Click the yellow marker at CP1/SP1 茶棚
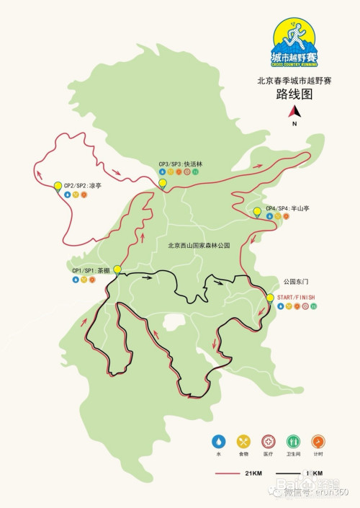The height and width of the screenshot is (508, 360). [117, 270]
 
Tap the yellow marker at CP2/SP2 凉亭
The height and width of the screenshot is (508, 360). [58, 187]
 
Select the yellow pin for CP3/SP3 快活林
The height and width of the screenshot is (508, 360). [163, 184]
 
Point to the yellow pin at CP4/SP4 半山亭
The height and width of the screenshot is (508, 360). [258, 211]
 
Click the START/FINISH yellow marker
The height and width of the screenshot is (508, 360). [270, 298]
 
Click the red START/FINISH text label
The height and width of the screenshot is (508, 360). [297, 297]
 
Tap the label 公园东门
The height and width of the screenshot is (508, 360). [295, 281]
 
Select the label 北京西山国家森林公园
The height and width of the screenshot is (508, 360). [198, 246]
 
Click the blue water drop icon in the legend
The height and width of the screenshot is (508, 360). [217, 441]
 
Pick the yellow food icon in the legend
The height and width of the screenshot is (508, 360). [243, 441]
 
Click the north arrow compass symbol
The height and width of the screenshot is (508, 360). [294, 112]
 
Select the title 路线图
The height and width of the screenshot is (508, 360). [294, 95]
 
